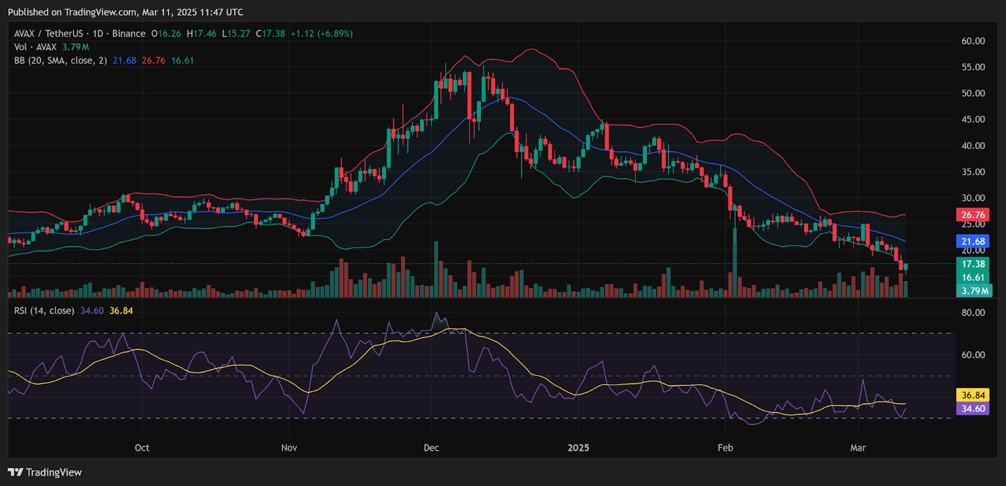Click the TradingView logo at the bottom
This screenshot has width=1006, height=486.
click(45, 472)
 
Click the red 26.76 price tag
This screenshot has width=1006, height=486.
click(973, 215)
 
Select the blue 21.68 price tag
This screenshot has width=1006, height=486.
click(973, 241)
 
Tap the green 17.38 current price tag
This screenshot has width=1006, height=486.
click(973, 264)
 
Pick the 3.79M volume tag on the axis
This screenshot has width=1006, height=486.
click(975, 290)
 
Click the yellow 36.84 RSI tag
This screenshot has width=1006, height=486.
click(973, 395)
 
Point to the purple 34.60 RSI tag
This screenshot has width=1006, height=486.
click(973, 409)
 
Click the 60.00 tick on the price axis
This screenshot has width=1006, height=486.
click(973, 41)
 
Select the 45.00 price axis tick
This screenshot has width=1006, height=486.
click(973, 119)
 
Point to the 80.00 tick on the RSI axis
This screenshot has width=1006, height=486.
click(973, 312)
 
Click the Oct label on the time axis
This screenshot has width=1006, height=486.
click(142, 448)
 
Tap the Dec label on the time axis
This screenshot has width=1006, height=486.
click(431, 448)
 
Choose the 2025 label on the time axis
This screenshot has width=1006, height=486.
click(578, 448)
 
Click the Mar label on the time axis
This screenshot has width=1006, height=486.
click(858, 448)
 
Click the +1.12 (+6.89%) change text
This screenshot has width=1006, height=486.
click(321, 33)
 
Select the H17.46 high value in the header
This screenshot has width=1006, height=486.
click(201, 33)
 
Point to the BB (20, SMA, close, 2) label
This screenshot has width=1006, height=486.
click(60, 60)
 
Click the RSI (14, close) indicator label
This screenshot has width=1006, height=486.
click(44, 311)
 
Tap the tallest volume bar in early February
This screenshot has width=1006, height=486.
click(734, 264)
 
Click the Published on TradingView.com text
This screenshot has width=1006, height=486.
click(125, 12)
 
